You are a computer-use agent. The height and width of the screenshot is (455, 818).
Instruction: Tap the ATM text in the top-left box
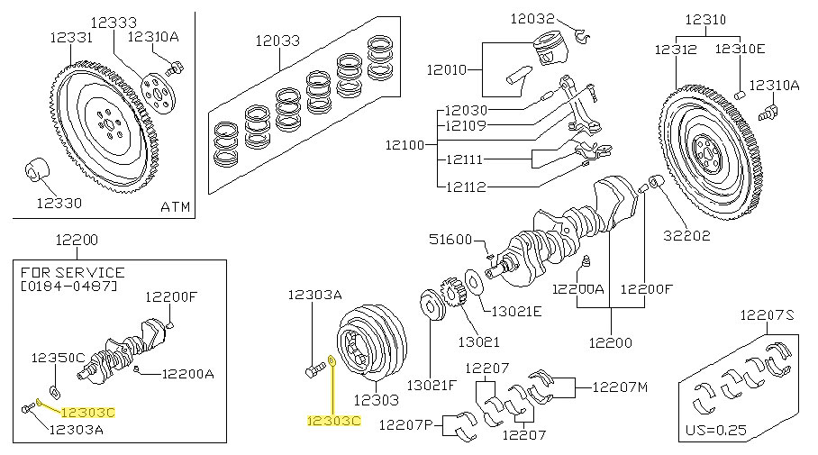(x=175, y=206)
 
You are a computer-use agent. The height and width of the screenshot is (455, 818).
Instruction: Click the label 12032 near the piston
(x=532, y=17)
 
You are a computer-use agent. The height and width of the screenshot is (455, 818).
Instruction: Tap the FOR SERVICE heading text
(x=71, y=272)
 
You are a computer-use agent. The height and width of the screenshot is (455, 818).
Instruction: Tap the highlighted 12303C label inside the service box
(x=88, y=412)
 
